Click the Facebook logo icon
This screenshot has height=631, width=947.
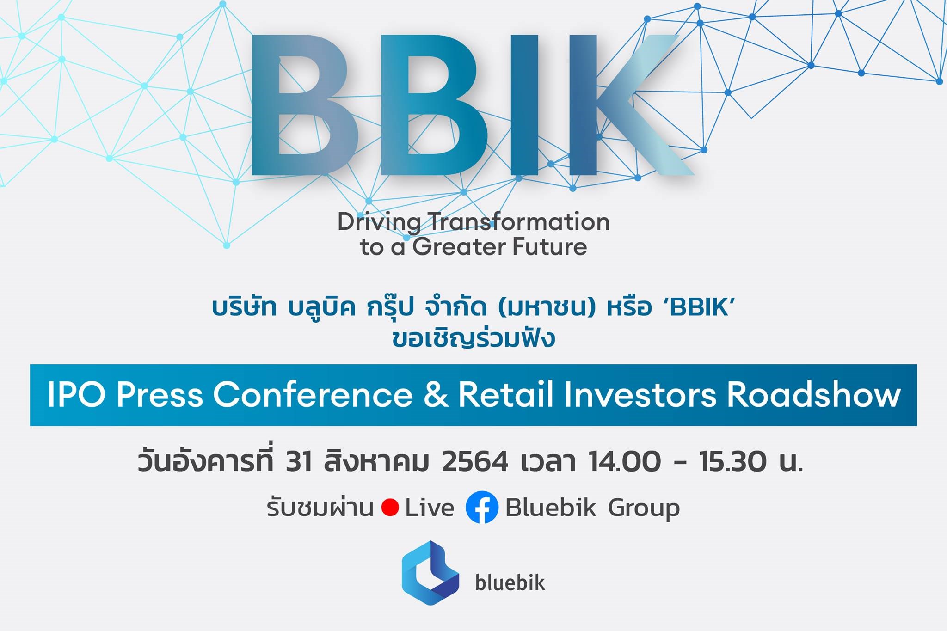pyautogui.click(x=482, y=507)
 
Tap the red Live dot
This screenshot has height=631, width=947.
pyautogui.click(x=390, y=508)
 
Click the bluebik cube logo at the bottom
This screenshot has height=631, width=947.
pyautogui.click(x=430, y=573)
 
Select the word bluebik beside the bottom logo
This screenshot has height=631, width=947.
pyautogui.click(x=510, y=582)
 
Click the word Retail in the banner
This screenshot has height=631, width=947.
pyautogui.click(x=506, y=395)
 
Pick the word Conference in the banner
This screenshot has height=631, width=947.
pyautogui.click(x=313, y=396)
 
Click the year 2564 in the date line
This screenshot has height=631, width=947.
pyautogui.click(x=475, y=462)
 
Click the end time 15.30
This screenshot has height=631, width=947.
pyautogui.click(x=734, y=462)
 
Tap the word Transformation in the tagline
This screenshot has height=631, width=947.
pyautogui.click(x=520, y=222)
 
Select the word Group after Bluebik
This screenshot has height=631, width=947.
pyautogui.click(x=644, y=508)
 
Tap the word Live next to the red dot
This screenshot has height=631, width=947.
pyautogui.click(x=430, y=507)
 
